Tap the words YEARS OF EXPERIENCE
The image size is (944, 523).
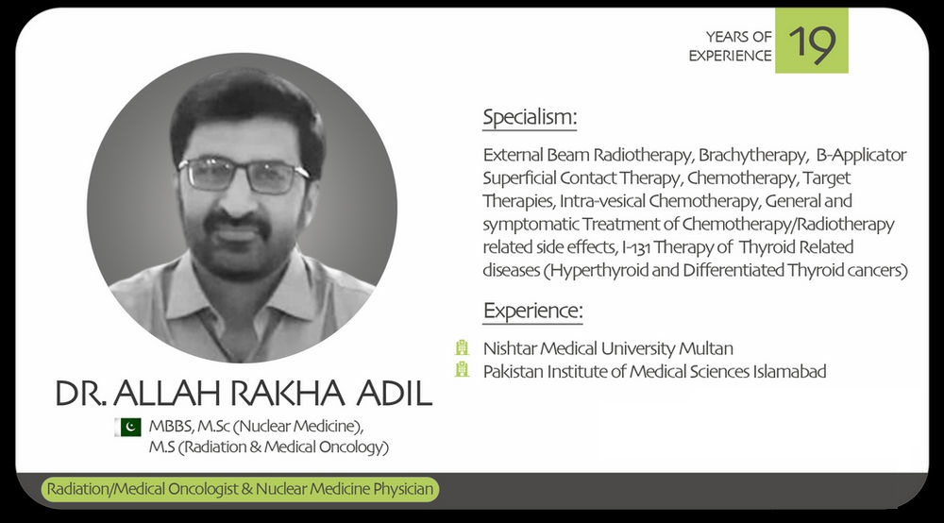click(x=730, y=45)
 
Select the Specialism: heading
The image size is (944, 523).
click(x=530, y=117)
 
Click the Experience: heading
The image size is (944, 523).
click(x=532, y=311)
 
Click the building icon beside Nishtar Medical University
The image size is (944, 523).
click(x=462, y=347)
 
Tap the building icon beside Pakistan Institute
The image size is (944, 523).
click(x=462, y=369)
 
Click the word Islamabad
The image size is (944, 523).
click(x=789, y=371)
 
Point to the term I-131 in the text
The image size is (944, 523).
click(x=635, y=247)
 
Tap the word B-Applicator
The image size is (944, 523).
click(x=862, y=155)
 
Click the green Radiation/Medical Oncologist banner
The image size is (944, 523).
click(x=240, y=489)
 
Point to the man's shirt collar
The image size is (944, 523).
click(x=241, y=295)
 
